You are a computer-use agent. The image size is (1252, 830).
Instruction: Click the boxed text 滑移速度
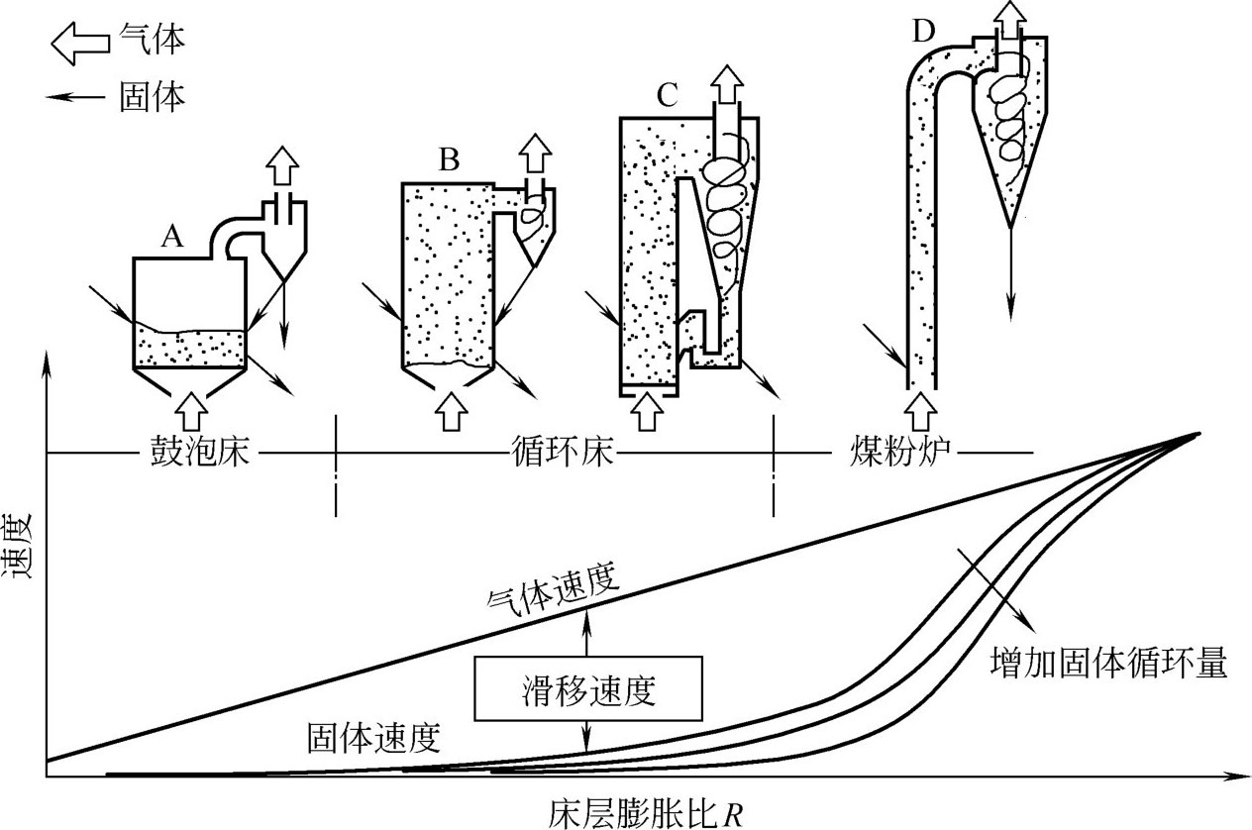[589, 689]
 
